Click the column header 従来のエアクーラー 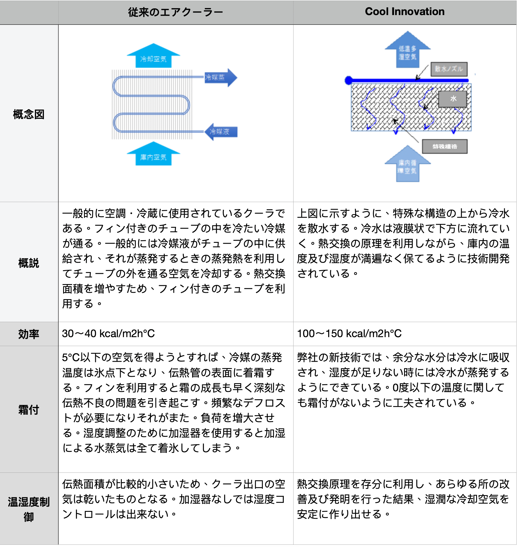pyautogui.click(x=175, y=12)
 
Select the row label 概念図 pyautogui.click(x=29, y=114)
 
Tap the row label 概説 pyautogui.click(x=29, y=263)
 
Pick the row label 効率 pyautogui.click(x=29, y=334)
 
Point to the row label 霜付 pyautogui.click(x=29, y=410)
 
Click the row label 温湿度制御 pyautogui.click(x=29, y=509)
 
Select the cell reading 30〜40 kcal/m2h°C pyautogui.click(x=108, y=334)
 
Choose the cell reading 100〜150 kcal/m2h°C pyautogui.click(x=349, y=334)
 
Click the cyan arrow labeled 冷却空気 pyautogui.click(x=153, y=57)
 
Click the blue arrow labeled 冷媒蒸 pyautogui.click(x=221, y=78)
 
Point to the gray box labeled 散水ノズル pyautogui.click(x=449, y=69)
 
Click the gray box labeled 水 pyautogui.click(x=452, y=99)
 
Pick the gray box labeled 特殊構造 pyautogui.click(x=445, y=147)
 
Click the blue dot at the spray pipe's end pyautogui.click(x=349, y=80)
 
